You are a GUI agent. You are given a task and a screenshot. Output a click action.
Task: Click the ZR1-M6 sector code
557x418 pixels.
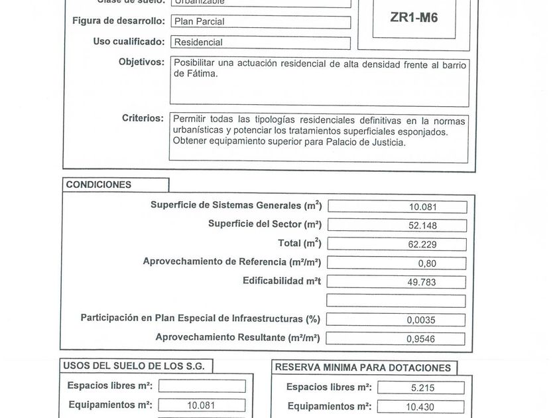pos(414,18)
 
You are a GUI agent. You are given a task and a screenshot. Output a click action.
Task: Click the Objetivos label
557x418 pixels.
pos(141,62)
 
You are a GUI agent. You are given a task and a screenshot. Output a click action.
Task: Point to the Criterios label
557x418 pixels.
pos(143,118)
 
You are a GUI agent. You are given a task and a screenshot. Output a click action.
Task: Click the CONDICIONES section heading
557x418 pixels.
pos(99,185)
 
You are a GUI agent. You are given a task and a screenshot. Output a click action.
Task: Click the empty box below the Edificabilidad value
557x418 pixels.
pos(397,301)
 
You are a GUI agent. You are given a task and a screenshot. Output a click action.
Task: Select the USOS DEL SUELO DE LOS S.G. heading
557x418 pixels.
pos(138,366)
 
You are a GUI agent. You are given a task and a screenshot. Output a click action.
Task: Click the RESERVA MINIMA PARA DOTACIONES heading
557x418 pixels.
pos(363,368)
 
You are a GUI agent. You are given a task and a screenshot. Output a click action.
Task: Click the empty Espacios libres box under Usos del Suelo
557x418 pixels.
pos(202,386)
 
